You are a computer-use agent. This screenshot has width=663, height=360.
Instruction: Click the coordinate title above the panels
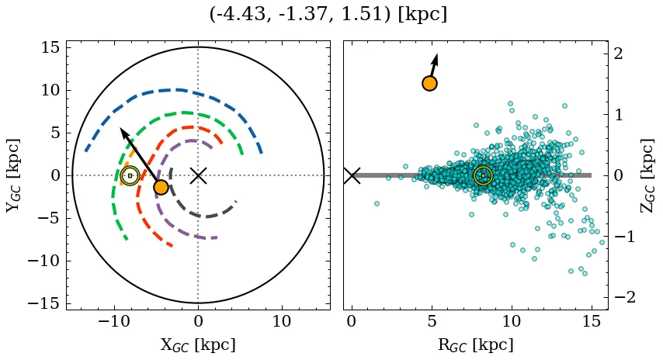328,15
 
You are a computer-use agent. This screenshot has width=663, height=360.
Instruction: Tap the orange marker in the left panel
161,187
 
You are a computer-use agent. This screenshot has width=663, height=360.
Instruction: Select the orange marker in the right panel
429,83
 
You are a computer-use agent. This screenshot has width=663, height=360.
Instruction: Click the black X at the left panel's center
198,175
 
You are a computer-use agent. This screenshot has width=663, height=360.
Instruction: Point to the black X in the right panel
352,175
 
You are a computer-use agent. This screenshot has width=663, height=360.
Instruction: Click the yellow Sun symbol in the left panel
130,175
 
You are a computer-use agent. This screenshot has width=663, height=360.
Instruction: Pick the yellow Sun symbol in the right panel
483,175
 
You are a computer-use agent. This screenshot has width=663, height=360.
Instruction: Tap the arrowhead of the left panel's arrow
123,131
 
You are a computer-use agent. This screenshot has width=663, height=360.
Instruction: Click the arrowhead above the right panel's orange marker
436,57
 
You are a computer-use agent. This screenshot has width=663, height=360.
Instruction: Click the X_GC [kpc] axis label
198,345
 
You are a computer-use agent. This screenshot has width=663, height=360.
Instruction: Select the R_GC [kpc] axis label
475,345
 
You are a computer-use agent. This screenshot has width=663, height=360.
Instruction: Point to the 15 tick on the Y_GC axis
50,47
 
